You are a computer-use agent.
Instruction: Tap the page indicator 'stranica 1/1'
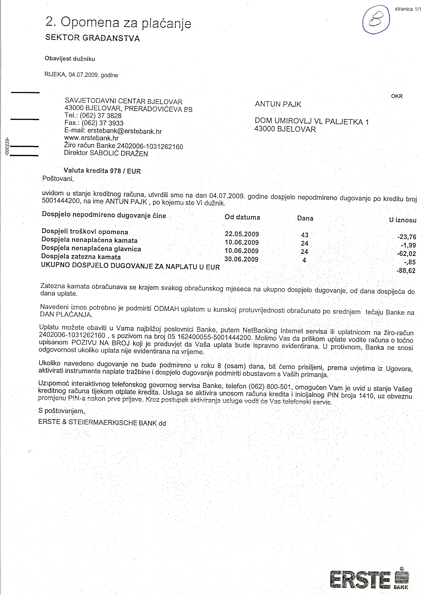click(408, 9)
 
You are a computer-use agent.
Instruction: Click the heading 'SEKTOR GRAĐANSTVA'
click(92, 38)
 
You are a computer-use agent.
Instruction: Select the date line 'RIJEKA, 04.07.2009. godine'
click(81, 75)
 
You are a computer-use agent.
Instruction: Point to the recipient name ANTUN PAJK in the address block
click(278, 104)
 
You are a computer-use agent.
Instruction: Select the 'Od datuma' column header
click(242, 217)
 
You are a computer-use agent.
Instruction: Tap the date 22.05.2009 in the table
click(242, 234)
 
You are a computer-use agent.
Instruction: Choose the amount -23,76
click(407, 237)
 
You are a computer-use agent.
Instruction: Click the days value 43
click(305, 235)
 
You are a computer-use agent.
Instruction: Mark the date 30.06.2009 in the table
click(241, 259)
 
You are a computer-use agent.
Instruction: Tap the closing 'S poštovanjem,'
click(62, 411)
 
